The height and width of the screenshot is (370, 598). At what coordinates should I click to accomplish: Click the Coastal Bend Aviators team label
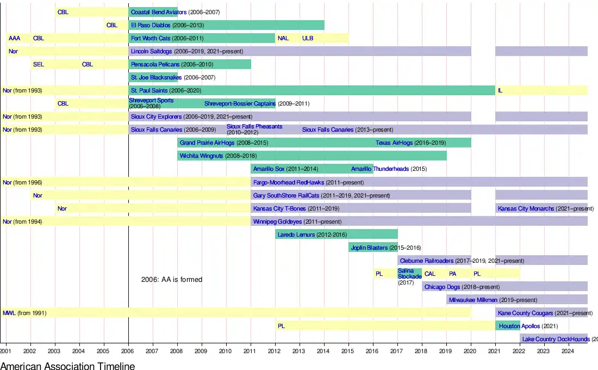tap(158, 12)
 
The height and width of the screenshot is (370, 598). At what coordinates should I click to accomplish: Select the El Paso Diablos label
tap(150, 25)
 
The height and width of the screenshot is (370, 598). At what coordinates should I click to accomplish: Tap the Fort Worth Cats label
tap(151, 38)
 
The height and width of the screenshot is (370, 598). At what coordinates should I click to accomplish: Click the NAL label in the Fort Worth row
tap(283, 38)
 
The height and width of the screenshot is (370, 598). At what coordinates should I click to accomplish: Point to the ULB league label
tap(308, 38)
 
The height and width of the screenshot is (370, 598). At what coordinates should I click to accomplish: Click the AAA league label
tap(14, 38)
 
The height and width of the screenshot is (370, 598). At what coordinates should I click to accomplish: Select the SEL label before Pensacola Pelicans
tap(39, 64)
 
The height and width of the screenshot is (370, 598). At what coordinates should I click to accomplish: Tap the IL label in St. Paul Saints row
tap(500, 90)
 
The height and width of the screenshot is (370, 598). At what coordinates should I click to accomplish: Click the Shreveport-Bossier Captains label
tap(240, 103)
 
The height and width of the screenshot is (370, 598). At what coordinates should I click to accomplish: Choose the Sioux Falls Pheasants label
tap(254, 127)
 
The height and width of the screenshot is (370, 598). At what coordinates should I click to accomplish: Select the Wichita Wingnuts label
tap(202, 156)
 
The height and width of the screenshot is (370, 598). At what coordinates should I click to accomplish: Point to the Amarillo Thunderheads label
tap(380, 169)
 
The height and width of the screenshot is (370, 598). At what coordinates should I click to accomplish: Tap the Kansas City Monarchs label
tap(526, 208)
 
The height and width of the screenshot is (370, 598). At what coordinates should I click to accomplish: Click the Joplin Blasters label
tap(369, 248)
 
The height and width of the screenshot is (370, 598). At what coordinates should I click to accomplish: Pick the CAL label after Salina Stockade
tap(430, 274)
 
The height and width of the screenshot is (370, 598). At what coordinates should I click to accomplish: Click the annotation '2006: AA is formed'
tap(172, 280)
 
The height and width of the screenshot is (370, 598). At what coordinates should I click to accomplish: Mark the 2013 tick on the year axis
tap(300, 351)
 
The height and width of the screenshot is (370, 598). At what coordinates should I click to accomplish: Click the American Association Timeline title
tap(67, 366)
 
